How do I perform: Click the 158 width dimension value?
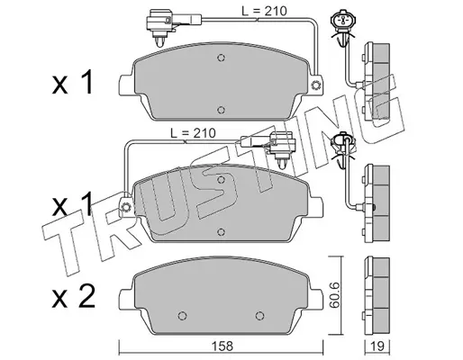click(222, 346)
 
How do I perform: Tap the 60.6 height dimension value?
click(334, 295)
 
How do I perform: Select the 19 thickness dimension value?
click(377, 346)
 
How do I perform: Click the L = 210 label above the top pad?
click(264, 11)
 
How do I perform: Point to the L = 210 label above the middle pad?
click(193, 133)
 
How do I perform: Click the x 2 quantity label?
click(74, 297)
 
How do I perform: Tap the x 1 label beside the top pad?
click(73, 83)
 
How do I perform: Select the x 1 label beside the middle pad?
click(72, 204)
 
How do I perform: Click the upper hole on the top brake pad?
click(221, 58)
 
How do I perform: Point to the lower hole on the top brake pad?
click(221, 110)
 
